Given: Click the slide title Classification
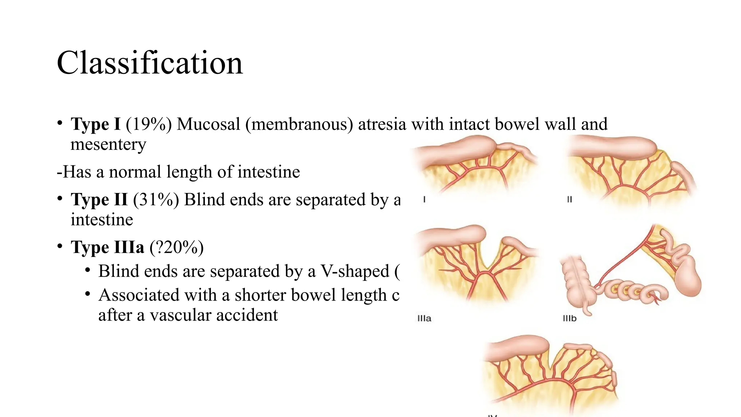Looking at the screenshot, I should (149, 63).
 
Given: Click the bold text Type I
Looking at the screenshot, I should (96, 124).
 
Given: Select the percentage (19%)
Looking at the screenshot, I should (149, 124).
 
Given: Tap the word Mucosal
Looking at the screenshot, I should (208, 124).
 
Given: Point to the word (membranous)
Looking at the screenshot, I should (299, 124).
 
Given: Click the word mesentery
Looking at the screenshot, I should (108, 144).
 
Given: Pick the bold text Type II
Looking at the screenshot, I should (99, 199).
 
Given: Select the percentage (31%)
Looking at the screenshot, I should (156, 199).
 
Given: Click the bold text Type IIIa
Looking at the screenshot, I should (107, 247).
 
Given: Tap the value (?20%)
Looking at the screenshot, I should (177, 247).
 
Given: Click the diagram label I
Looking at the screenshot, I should (424, 199).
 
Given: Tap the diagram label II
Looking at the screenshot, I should (569, 199).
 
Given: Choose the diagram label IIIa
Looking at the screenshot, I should (424, 319).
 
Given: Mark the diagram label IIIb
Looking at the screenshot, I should (569, 319).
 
